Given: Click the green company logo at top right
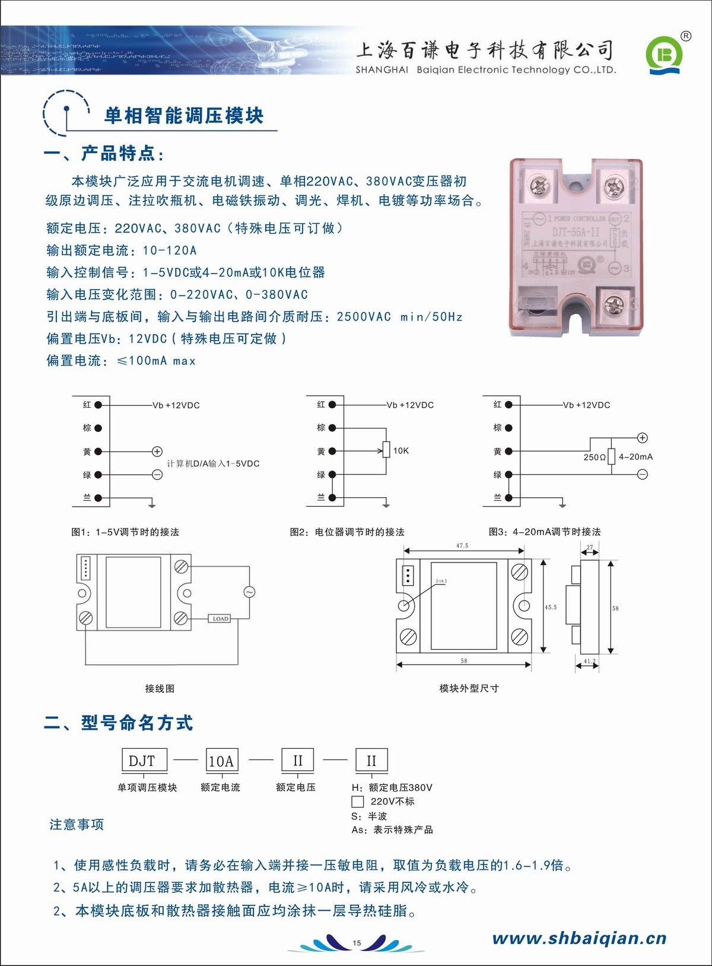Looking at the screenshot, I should tap(665, 56).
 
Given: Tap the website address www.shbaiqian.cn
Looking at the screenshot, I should tap(579, 938).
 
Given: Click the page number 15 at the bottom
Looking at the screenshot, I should tap(357, 943).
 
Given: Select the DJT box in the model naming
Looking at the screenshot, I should tap(143, 761).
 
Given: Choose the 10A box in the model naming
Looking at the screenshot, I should tap(221, 761).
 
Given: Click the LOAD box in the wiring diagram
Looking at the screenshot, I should tap(220, 618).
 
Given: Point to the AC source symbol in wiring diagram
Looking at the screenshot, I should tap(249, 592).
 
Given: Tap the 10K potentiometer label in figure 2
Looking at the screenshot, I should tap(401, 451).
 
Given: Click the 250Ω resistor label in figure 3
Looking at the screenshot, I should tap(594, 457).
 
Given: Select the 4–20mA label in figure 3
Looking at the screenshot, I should tap(635, 457).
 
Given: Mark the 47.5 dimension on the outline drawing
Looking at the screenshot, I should tap(462, 545).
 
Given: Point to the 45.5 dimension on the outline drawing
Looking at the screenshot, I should tap(551, 607).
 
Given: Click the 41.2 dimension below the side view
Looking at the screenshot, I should tap(589, 661).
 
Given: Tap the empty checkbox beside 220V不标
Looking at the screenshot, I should tap(358, 802).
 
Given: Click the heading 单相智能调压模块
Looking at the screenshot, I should tap(184, 116).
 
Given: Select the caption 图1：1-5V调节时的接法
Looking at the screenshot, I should tap(125, 532).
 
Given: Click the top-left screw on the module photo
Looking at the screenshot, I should tap(541, 186).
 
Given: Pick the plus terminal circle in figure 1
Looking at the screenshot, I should tap(157, 452).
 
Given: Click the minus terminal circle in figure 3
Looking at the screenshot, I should tap(643, 474).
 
